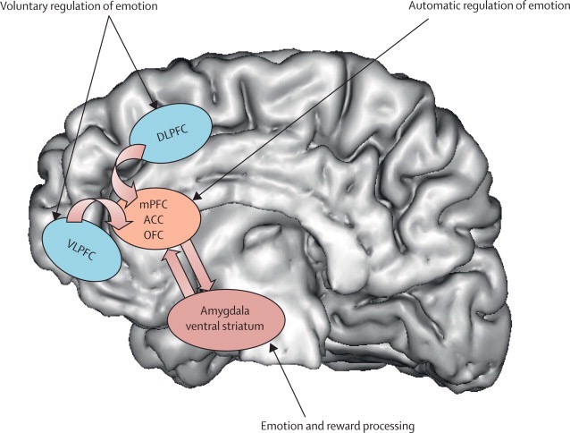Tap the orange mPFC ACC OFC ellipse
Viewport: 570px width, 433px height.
[162, 216]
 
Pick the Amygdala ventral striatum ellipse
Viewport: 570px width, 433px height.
[226, 317]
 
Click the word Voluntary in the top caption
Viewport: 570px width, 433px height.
[28, 8]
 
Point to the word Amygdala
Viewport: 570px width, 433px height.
[226, 310]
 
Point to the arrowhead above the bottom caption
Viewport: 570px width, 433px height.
[278, 351]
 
